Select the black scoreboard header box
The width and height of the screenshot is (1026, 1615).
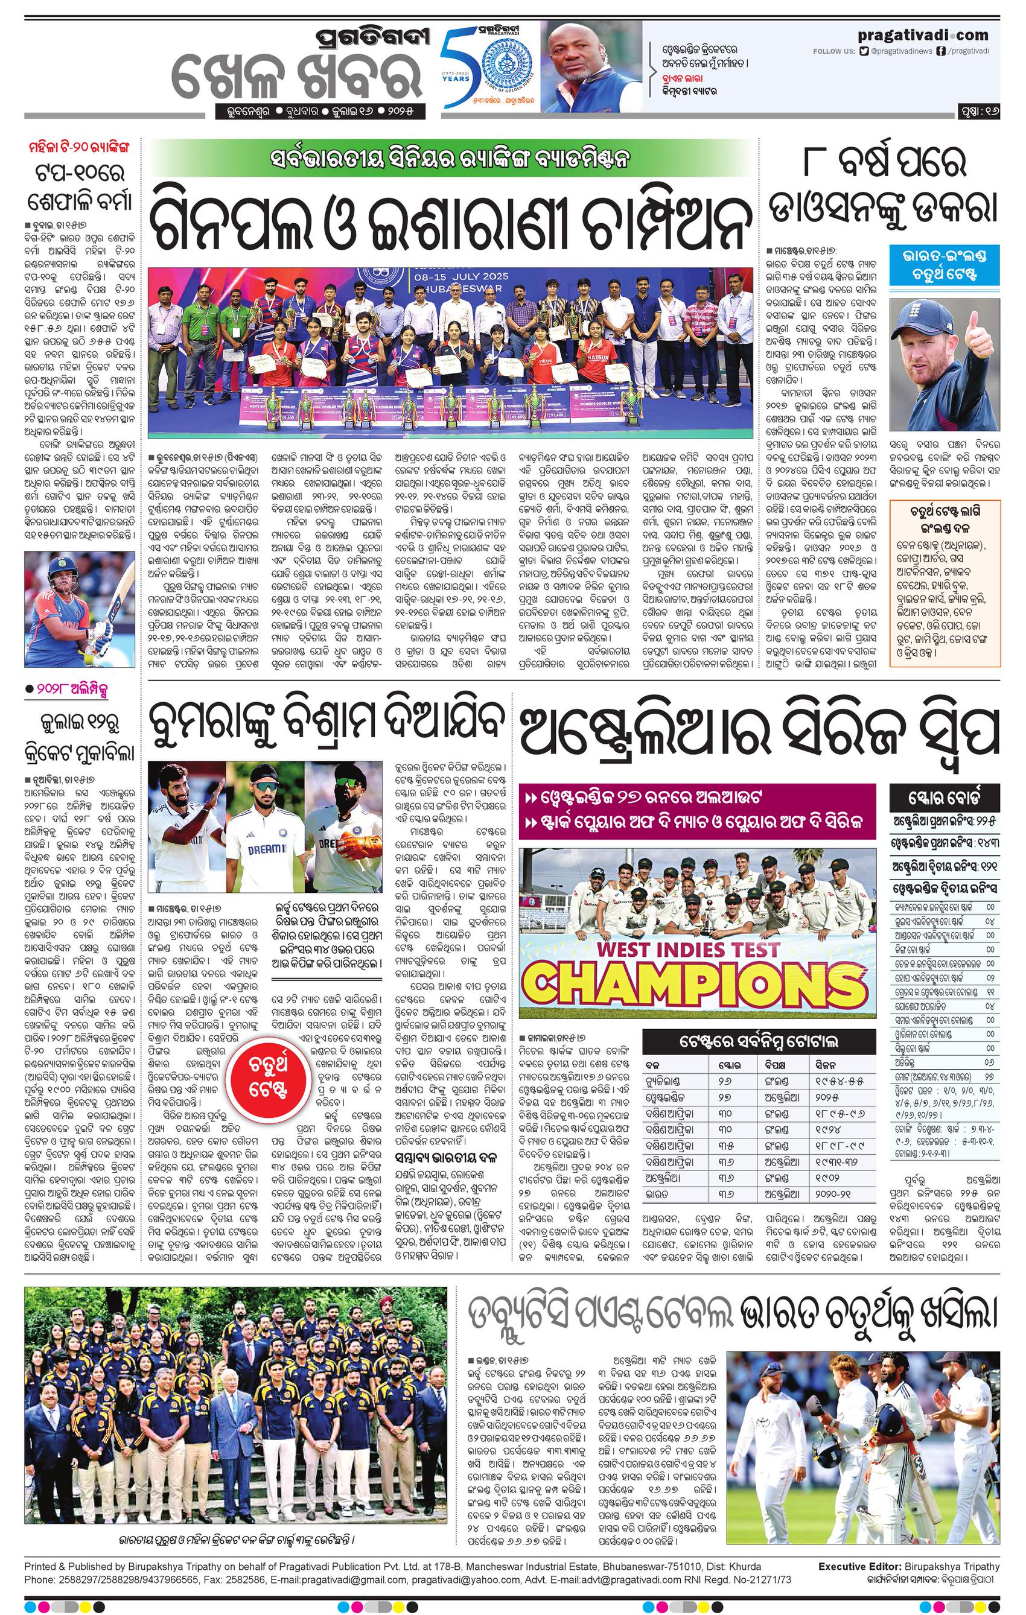click(945, 799)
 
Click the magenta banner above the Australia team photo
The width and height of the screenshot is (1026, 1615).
click(698, 810)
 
